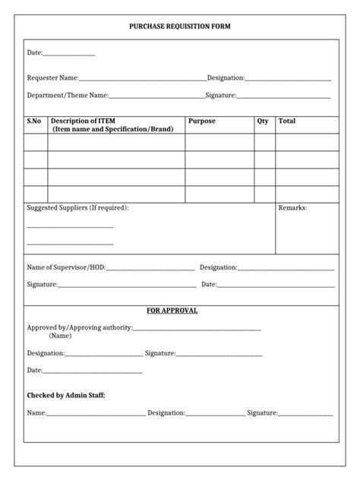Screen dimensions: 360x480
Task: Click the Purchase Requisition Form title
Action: [x=180, y=27]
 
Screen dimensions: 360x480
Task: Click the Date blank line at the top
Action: [x=69, y=55]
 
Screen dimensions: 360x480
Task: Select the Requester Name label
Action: [x=52, y=77]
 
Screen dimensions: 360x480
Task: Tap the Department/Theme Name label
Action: [x=68, y=96]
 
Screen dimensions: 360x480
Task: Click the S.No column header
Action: [x=34, y=121]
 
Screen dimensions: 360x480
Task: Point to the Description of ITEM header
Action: [x=112, y=125]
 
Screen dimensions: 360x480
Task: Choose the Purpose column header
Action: [x=202, y=121]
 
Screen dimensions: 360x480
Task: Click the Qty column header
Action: [x=263, y=121]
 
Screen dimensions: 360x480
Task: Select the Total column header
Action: [x=287, y=121]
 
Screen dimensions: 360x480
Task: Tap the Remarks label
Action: [x=292, y=207]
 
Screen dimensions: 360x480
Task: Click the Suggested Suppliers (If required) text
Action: [x=77, y=207]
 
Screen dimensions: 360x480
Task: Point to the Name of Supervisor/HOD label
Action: [x=66, y=267]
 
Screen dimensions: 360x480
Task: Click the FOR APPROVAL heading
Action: [x=172, y=311]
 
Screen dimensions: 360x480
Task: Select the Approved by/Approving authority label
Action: [x=79, y=327]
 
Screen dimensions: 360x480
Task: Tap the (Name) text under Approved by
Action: [x=62, y=335]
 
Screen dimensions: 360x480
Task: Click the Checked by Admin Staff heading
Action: [x=66, y=395]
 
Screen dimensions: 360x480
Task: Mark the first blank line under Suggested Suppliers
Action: [x=70, y=226]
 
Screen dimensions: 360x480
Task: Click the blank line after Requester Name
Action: [x=143, y=79]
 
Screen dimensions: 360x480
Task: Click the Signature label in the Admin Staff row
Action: [x=261, y=413]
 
